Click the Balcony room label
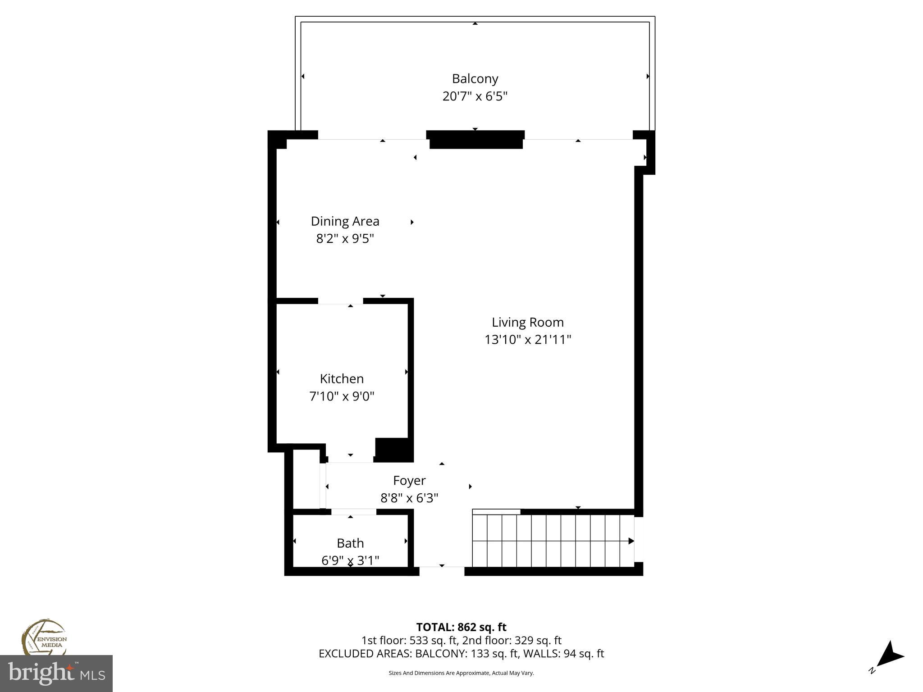(x=475, y=79)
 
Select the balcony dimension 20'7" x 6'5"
(x=475, y=96)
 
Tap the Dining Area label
(x=345, y=221)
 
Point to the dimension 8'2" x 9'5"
(x=345, y=238)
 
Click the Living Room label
(x=527, y=322)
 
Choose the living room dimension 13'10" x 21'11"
(x=527, y=339)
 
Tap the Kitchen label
(x=342, y=378)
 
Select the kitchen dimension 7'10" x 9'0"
(x=342, y=396)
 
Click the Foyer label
(x=409, y=481)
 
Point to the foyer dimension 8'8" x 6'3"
(x=409, y=498)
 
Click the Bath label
(x=350, y=543)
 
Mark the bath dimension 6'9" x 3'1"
(x=350, y=560)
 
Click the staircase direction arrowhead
(x=631, y=541)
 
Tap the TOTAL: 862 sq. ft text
(x=461, y=627)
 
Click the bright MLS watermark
(x=56, y=673)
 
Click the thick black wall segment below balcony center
(x=475, y=139)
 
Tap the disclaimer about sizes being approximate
(x=461, y=673)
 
